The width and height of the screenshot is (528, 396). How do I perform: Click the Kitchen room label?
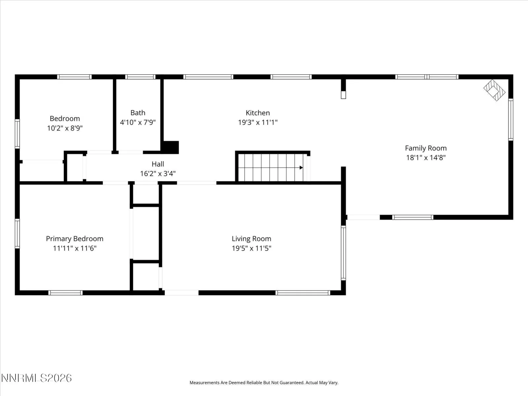pyautogui.click(x=258, y=113)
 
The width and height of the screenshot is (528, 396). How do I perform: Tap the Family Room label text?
pyautogui.click(x=426, y=148)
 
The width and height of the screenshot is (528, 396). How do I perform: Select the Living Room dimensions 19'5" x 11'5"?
pyautogui.click(x=251, y=248)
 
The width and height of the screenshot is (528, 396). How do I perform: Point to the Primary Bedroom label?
pyautogui.click(x=75, y=239)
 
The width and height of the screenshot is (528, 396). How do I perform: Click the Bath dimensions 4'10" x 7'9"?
pyautogui.click(x=138, y=122)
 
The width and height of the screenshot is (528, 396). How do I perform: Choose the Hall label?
pyautogui.click(x=158, y=164)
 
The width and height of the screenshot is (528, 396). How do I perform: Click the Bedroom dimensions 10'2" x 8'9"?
pyautogui.click(x=65, y=128)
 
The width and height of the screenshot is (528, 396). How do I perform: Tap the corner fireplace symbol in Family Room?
pyautogui.click(x=494, y=90)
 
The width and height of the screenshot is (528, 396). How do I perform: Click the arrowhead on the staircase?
pyautogui.click(x=301, y=168)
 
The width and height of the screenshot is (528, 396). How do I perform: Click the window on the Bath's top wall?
pyautogui.click(x=140, y=77)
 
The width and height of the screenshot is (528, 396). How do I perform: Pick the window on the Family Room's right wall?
pyautogui.click(x=511, y=119)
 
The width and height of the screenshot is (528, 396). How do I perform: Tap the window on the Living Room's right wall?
pyautogui.click(x=344, y=253)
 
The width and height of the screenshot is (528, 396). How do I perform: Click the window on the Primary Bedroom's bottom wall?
pyautogui.click(x=65, y=293)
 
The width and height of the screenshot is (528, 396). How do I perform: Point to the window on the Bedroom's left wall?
pyautogui.click(x=17, y=134)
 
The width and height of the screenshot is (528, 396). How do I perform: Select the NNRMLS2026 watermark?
pyautogui.click(x=36, y=378)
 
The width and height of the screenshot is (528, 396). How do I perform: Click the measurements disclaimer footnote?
pyautogui.click(x=264, y=382)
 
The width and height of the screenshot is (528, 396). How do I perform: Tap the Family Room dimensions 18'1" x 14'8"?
pyautogui.click(x=426, y=158)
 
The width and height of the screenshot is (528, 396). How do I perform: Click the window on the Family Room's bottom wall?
pyautogui.click(x=413, y=217)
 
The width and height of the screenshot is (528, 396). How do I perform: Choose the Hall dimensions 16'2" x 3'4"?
pyautogui.click(x=158, y=174)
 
